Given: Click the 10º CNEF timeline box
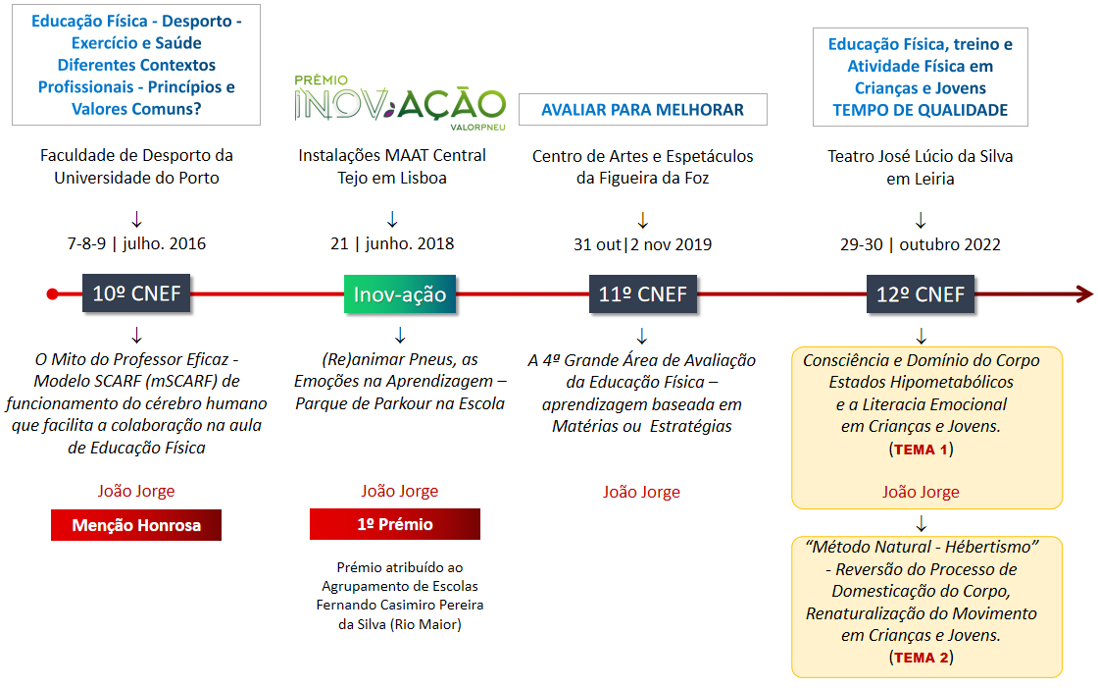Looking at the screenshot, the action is point(136,293).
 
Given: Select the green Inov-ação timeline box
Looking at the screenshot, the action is point(400,293).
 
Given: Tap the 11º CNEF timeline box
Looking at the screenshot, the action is point(643,293).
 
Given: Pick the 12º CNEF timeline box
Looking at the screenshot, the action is point(921,293).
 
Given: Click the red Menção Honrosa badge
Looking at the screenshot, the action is point(136,525).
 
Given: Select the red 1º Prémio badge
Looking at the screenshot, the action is point(395,524).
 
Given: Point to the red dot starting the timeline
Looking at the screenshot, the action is point(53,293).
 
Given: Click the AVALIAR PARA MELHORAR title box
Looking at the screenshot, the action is point(642,110).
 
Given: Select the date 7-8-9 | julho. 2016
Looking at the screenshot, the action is point(136,243).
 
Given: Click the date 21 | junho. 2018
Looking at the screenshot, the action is point(392,243).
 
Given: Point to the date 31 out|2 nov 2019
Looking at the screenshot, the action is point(643,243).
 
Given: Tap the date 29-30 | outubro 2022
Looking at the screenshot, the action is point(921,243).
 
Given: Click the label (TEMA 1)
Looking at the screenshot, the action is point(921,450).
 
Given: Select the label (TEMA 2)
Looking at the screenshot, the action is point(921,657).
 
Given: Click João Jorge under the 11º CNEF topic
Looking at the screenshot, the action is point(641,492).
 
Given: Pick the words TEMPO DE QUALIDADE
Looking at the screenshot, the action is point(921,110).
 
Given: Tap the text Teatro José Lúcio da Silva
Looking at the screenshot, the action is point(921,156).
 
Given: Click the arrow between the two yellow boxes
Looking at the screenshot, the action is point(921,522).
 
